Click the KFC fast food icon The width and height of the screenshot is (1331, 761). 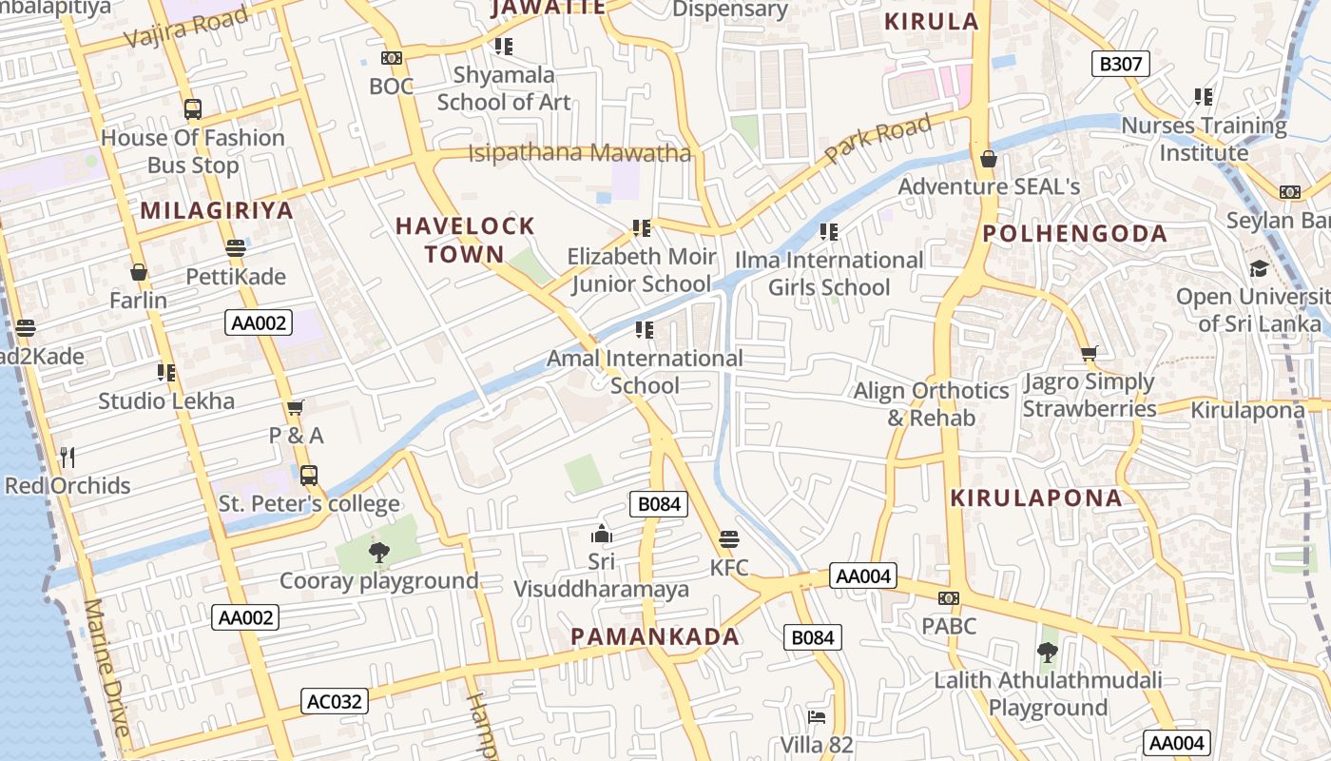click(729, 540)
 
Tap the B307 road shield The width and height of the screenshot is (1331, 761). click(1120, 65)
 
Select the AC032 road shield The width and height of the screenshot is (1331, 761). click(335, 702)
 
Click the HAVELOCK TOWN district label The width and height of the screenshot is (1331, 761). click(465, 240)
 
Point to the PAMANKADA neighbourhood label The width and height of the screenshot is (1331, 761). click(655, 637)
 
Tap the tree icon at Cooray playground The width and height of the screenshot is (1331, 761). click(378, 552)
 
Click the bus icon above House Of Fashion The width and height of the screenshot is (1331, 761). click(193, 109)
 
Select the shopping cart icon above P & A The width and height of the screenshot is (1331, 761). click(296, 407)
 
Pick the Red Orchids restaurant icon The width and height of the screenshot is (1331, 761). click(67, 458)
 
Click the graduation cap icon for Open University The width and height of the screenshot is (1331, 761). click(1259, 268)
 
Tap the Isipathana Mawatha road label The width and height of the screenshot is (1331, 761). click(579, 152)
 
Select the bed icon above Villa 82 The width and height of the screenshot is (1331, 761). click(816, 716)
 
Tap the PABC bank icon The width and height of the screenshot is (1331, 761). click(948, 598)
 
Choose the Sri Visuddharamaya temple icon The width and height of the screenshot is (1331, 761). click(601, 534)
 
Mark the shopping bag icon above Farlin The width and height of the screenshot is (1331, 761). click(139, 272)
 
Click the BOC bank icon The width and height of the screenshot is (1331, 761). click(392, 58)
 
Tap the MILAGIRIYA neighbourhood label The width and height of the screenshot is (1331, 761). click(217, 210)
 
